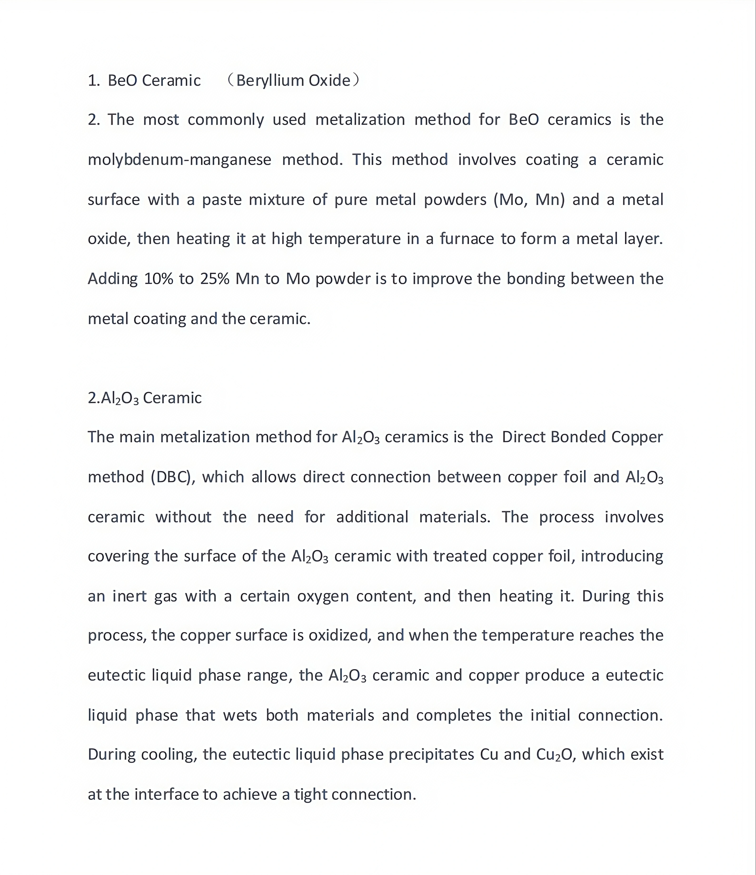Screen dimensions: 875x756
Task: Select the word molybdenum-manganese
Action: click(x=179, y=160)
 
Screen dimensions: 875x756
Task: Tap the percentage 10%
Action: click(x=159, y=279)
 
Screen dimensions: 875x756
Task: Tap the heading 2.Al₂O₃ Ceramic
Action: click(x=144, y=398)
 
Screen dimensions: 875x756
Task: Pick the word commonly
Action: click(x=226, y=120)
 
